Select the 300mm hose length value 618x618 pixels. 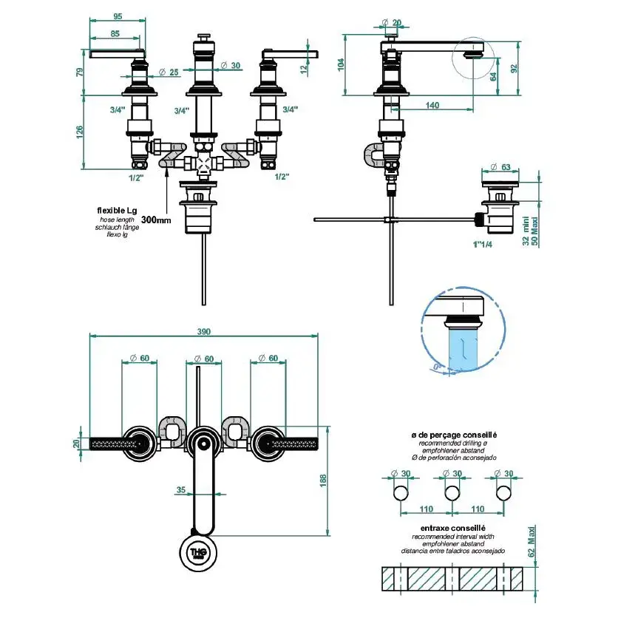155,220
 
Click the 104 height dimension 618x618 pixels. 341,64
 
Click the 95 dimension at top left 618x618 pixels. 117,16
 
